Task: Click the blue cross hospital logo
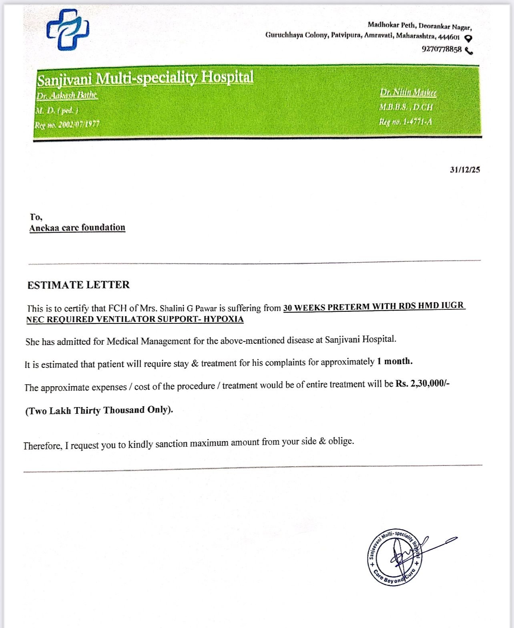[x=68, y=29]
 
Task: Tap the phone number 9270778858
[x=442, y=49]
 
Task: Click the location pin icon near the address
[x=468, y=38]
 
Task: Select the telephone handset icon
[x=469, y=50]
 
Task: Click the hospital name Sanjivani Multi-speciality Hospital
[x=145, y=78]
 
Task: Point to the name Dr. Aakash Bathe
[x=67, y=95]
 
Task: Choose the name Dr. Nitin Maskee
[x=408, y=92]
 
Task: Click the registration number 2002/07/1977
[x=79, y=124]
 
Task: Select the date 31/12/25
[x=464, y=170]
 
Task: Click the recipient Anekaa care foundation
[x=77, y=227]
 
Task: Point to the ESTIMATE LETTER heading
[x=78, y=285]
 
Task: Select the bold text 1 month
[x=394, y=361]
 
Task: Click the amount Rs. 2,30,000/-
[x=422, y=383]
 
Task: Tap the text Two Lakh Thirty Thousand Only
[x=99, y=410]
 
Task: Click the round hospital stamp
[x=394, y=557]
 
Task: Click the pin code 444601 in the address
[x=449, y=37]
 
